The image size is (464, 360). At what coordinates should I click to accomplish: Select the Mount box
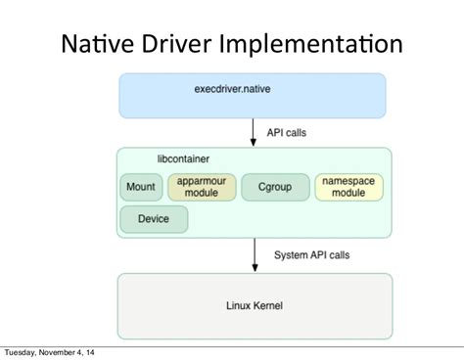(142, 187)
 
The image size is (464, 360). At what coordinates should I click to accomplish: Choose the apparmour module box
(202, 187)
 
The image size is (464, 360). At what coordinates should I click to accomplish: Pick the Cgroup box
(273, 187)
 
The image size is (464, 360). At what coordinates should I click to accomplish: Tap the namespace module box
(349, 187)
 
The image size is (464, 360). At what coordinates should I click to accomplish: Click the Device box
(154, 219)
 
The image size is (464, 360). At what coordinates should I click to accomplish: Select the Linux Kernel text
(255, 306)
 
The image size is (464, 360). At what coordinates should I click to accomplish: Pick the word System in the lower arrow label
(290, 255)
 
